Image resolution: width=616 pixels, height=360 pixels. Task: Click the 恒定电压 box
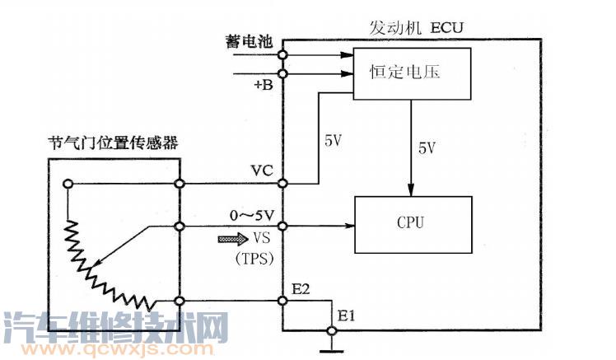coord(411,72)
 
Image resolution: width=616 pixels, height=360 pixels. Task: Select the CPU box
coord(412,223)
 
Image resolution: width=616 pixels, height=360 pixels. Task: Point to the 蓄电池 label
coord(246,40)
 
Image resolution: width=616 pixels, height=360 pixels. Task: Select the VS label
coord(263,238)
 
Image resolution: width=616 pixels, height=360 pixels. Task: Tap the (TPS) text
coord(255,256)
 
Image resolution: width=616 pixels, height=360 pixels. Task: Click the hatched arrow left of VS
coord(231,239)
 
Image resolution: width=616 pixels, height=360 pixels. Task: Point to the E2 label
coord(301,289)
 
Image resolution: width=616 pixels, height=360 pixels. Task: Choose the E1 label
coord(345,314)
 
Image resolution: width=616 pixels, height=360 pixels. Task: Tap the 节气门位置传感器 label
coord(113,145)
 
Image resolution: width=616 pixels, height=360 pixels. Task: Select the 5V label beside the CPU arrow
coord(427,148)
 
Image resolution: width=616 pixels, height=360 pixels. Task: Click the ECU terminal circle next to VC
coord(282,183)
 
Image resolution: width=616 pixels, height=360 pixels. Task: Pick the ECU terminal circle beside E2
coord(282,302)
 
